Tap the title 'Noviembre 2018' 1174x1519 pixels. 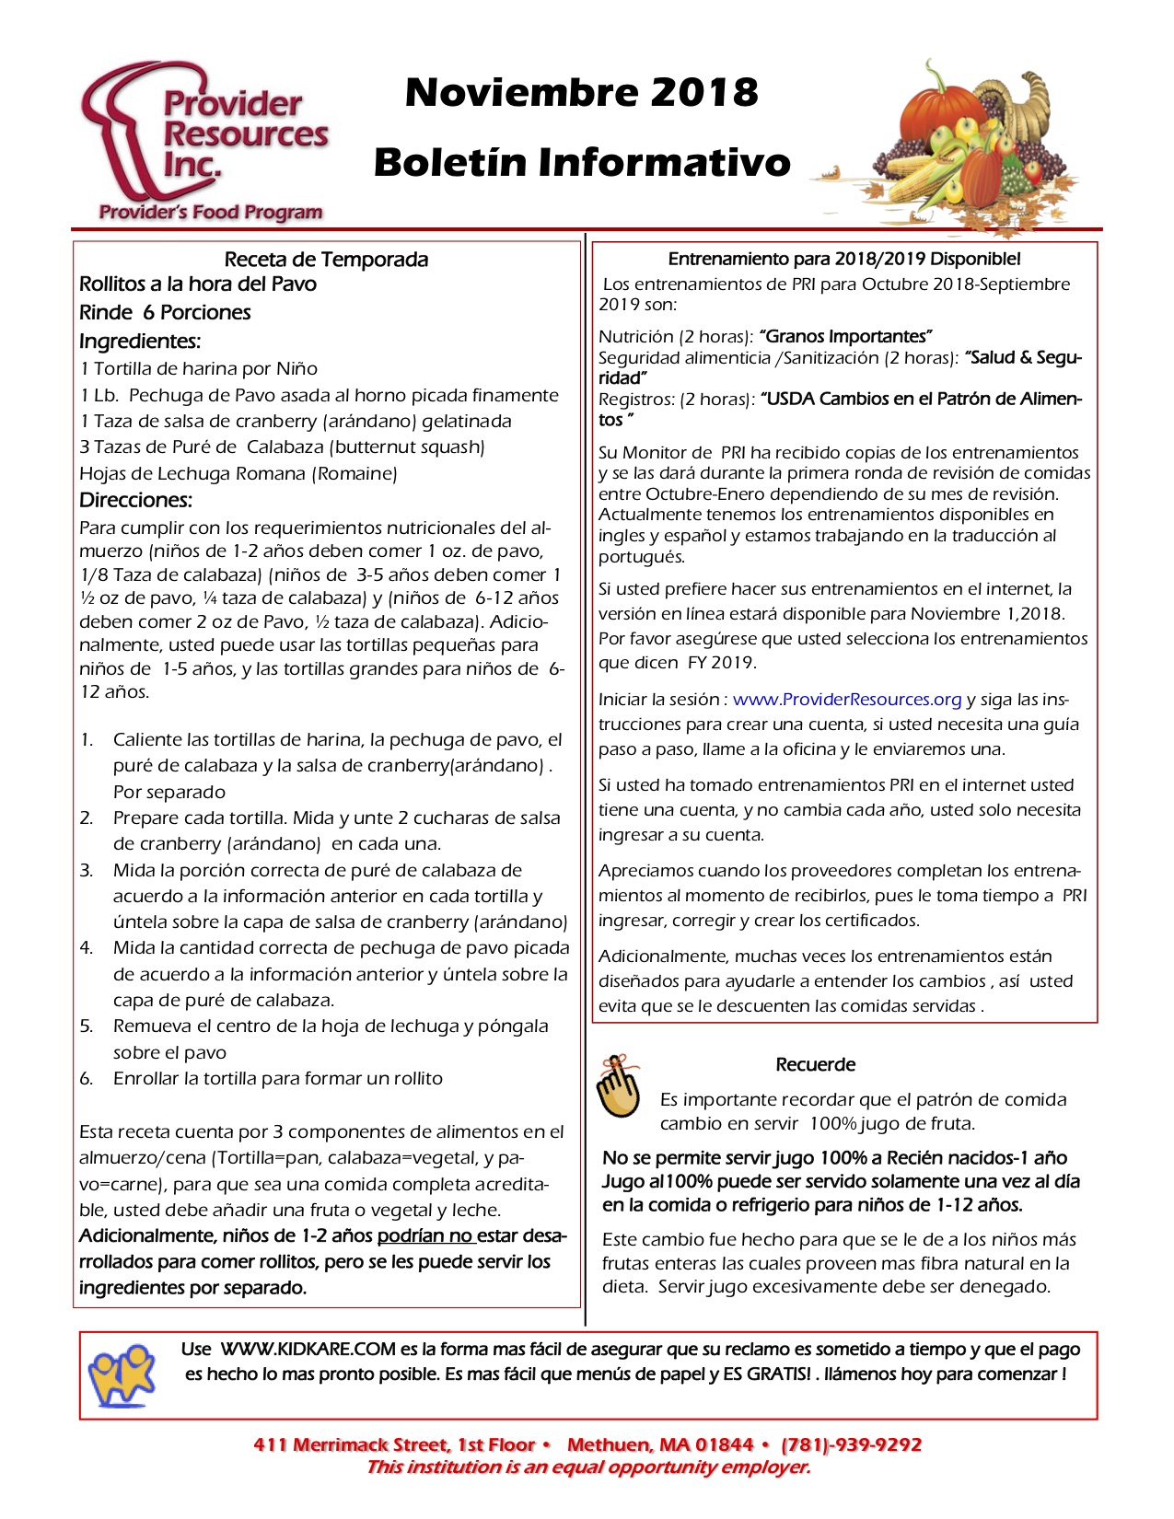pos(581,92)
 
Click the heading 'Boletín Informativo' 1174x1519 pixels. pos(582,162)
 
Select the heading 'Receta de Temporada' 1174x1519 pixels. pos(326,260)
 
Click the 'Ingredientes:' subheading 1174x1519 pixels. pos(140,342)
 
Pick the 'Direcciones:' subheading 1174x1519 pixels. pos(135,501)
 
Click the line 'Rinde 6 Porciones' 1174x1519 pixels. pos(165,313)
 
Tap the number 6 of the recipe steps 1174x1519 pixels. pos(86,1079)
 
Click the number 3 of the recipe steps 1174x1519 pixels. pos(86,871)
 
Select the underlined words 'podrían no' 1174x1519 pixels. pos(424,1236)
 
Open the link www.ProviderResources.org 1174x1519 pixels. pos(847,700)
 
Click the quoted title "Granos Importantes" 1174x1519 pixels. pos(846,337)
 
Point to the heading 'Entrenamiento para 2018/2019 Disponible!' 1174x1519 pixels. pos(843,260)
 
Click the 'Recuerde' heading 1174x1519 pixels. pos(815,1065)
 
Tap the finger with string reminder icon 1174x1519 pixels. pos(618,1087)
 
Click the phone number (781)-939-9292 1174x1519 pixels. pos(851,1445)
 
